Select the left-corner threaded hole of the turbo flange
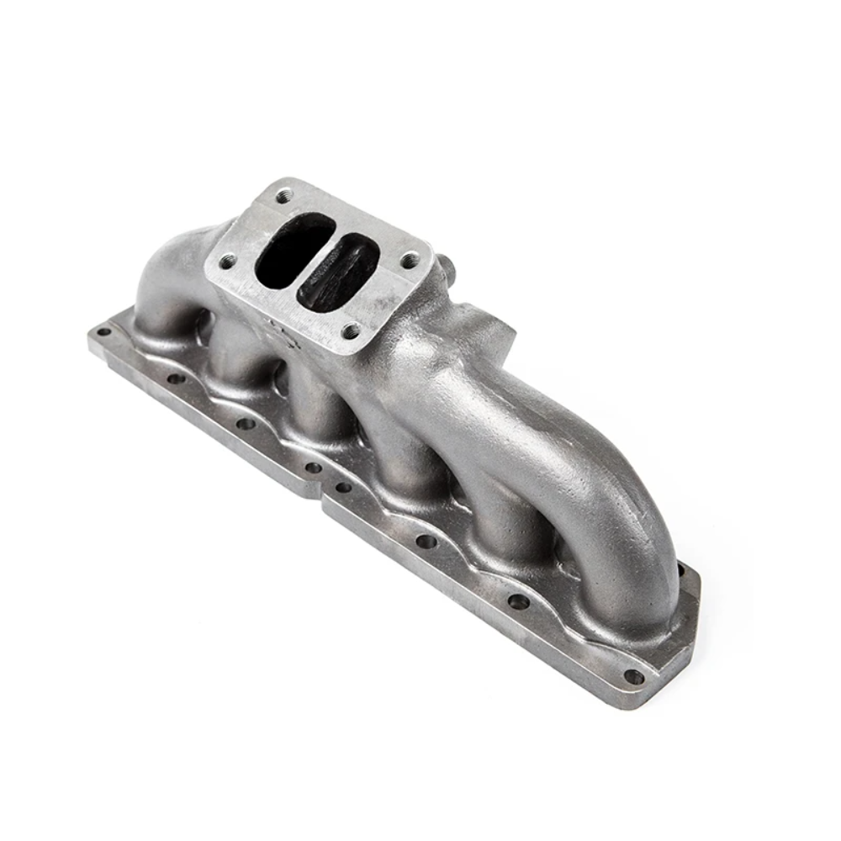tap(225, 262)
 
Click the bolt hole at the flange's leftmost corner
tap(103, 332)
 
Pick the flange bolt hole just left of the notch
tap(313, 468)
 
